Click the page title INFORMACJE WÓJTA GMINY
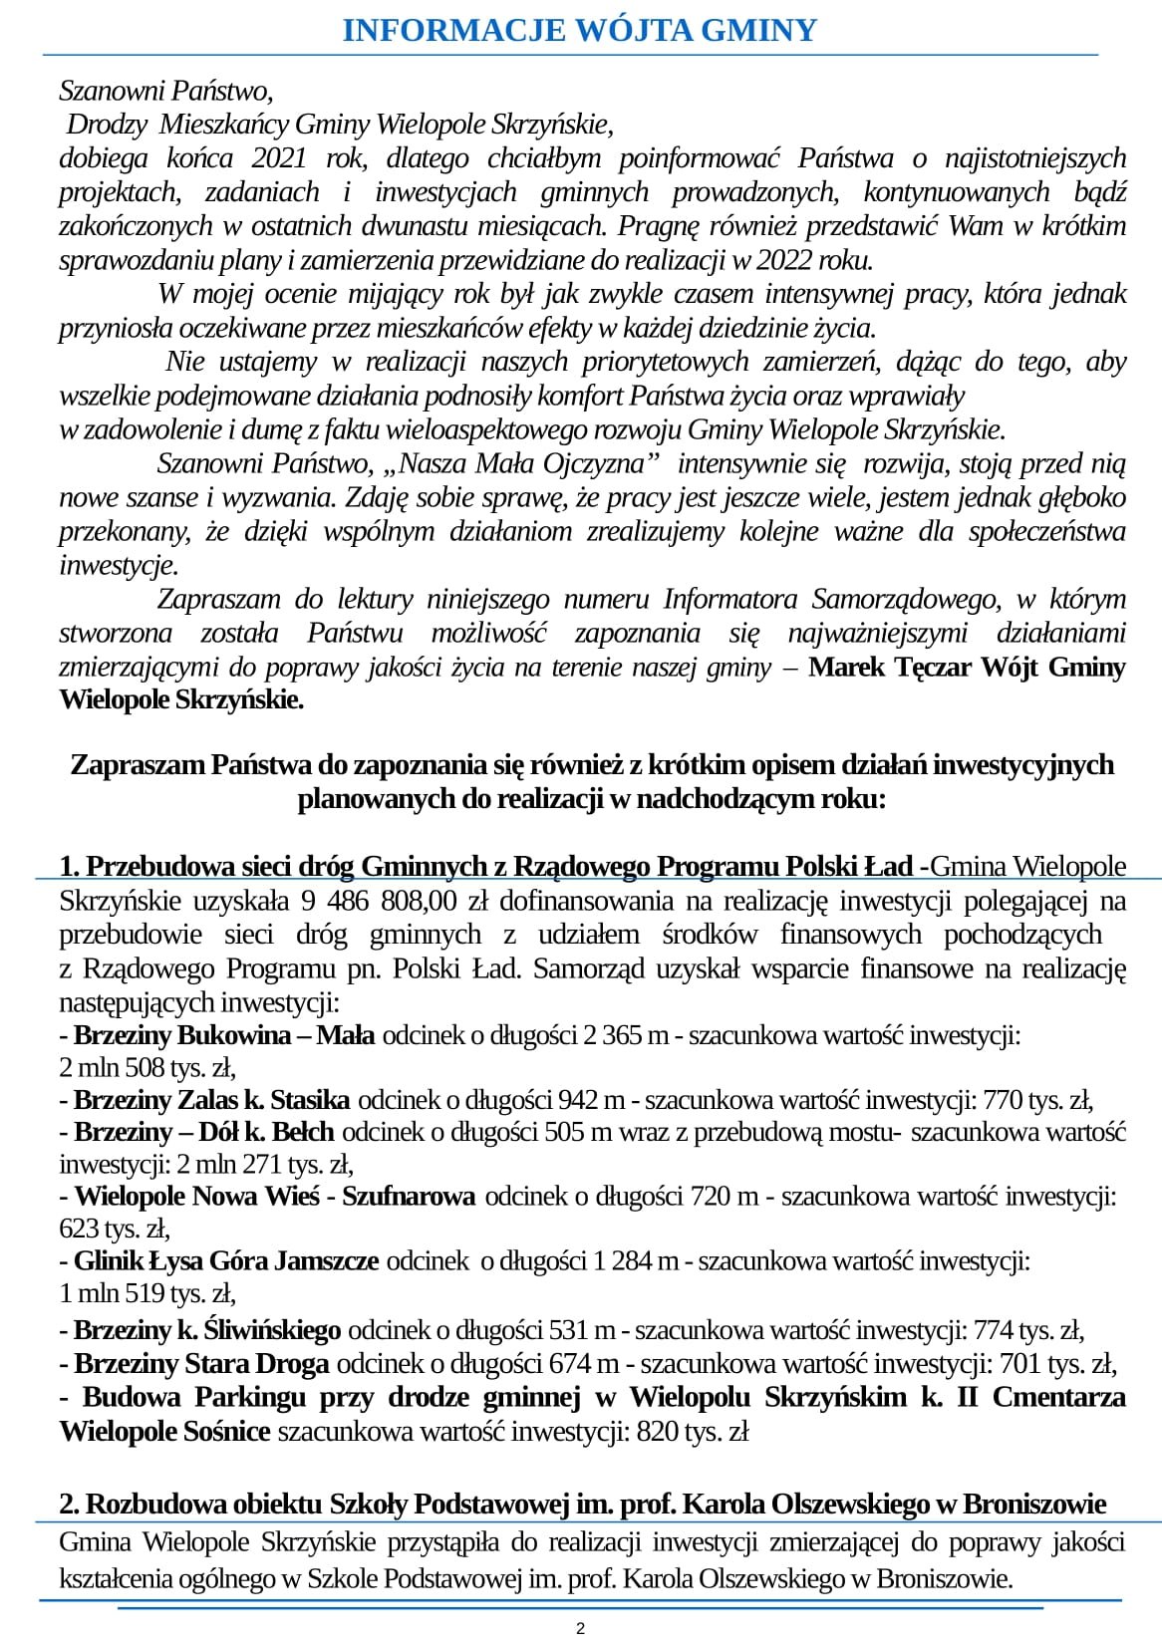(x=580, y=31)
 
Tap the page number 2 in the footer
(x=581, y=1629)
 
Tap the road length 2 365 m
(x=626, y=1035)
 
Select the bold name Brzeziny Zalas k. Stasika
(x=211, y=1100)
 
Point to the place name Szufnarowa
(x=409, y=1197)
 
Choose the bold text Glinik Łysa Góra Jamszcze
(x=225, y=1261)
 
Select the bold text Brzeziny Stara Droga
(x=201, y=1363)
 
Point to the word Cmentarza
(x=1059, y=1397)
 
